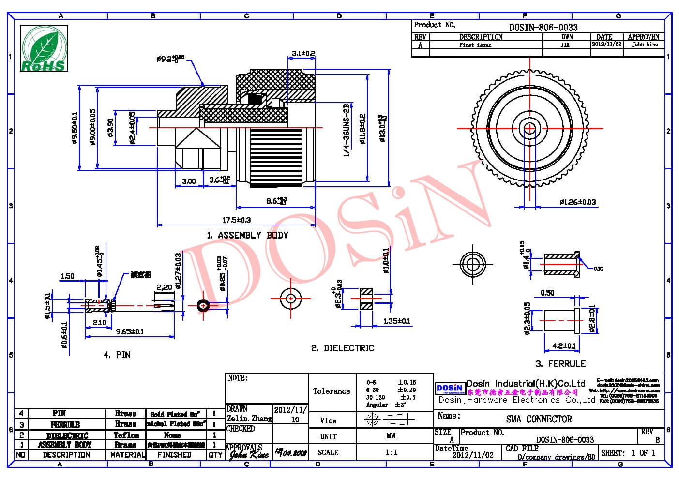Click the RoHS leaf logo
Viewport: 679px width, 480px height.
pos(44,48)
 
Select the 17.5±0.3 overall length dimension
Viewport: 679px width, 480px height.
pos(236,220)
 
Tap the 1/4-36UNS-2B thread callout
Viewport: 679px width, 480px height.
pos(346,130)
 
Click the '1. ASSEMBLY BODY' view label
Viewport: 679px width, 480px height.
pos(247,236)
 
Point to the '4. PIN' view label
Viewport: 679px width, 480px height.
pos(117,355)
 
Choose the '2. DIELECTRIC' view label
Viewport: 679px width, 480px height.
pos(342,348)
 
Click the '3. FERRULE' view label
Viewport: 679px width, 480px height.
pos(560,364)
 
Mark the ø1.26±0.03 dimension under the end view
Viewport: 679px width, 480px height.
pos(577,202)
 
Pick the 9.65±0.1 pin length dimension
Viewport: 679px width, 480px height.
pos(129,332)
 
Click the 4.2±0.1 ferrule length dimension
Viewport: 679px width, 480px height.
pos(564,346)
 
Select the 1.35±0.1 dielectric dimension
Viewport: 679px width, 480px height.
pos(396,321)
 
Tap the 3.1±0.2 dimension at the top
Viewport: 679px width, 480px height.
pos(303,53)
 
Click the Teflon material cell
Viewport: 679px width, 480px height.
pos(126,435)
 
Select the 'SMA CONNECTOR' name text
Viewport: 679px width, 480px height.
pos(539,419)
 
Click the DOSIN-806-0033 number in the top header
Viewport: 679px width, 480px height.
pos(543,28)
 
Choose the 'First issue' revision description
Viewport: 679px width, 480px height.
pos(475,45)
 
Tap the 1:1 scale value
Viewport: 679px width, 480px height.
pos(391,452)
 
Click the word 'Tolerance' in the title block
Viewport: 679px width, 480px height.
pos(332,391)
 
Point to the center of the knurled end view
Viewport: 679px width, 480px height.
pos(530,129)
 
